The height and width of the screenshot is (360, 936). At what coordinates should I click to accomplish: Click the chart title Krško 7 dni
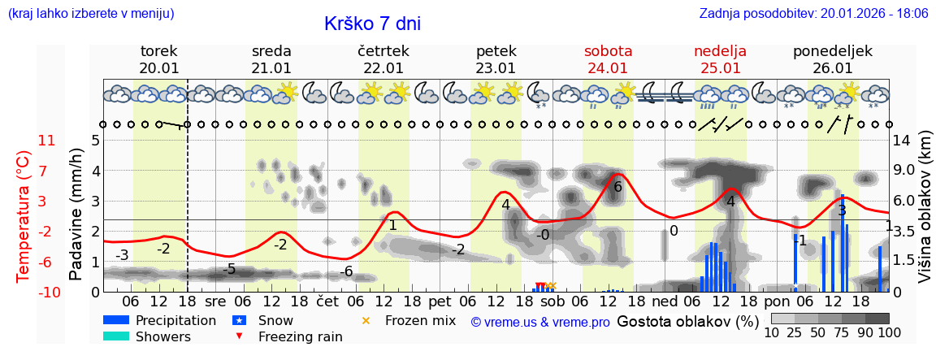[x=372, y=24]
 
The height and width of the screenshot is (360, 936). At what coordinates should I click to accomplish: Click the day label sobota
[x=608, y=51]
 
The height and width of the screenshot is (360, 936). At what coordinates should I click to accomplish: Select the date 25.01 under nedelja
[x=720, y=68]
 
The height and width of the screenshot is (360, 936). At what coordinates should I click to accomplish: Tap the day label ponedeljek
[x=832, y=51]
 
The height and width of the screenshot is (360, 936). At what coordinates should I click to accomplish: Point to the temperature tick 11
[x=46, y=141]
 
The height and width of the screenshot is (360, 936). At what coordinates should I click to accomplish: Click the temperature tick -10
[x=46, y=292]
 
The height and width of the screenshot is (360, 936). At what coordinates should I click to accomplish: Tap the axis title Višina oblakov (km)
[x=925, y=216]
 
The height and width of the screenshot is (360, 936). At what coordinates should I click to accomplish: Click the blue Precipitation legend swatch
[x=116, y=320]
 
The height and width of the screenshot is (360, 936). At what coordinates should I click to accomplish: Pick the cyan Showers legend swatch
[x=116, y=336]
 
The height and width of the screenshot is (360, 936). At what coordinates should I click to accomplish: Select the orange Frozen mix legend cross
[x=365, y=320]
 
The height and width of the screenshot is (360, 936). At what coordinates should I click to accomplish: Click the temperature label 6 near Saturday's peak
[x=617, y=187]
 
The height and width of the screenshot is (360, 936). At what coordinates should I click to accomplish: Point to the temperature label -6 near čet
[x=346, y=271]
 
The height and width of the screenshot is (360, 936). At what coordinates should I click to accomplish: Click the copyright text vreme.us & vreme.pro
[x=540, y=322]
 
